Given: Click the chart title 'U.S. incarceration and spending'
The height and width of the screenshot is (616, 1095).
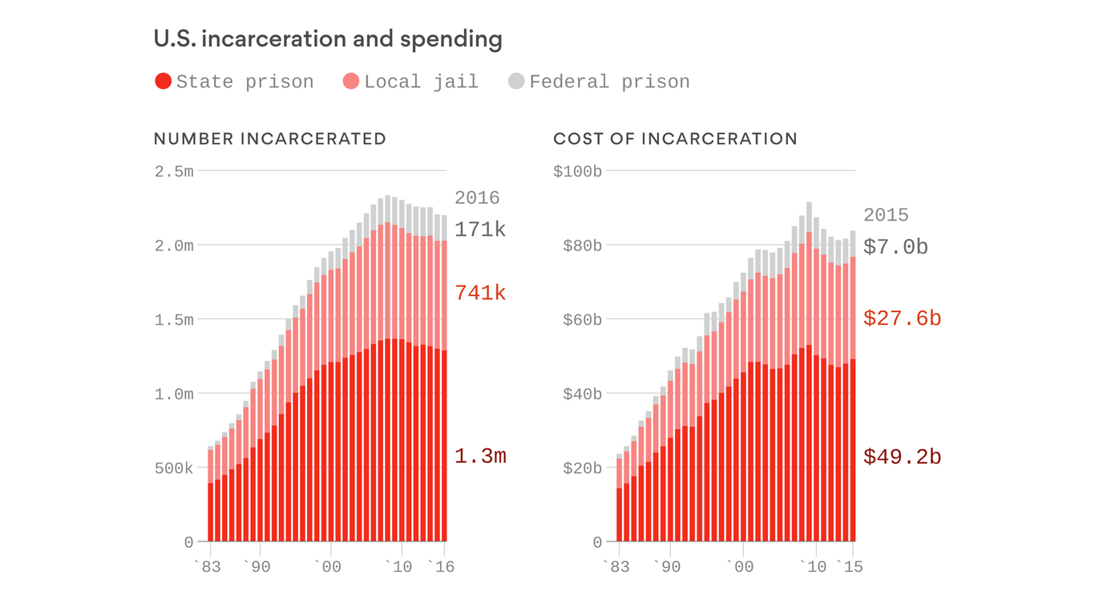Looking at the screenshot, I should tap(328, 39).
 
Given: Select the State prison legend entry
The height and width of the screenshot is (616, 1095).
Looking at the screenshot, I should tap(234, 82).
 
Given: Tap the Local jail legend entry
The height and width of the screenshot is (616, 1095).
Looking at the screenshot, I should tap(410, 82).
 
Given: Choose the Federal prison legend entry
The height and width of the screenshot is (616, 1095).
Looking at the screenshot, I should tap(599, 82).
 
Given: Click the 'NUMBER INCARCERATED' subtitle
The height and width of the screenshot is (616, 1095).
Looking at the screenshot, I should tap(270, 139).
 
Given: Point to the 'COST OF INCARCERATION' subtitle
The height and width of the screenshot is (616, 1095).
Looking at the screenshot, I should tap(675, 139).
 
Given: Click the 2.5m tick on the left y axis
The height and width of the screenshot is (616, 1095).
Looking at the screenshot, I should tap(174, 171).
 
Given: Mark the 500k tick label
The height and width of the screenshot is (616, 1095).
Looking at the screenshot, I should tap(174, 468).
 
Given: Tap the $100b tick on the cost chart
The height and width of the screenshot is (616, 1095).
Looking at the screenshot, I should tap(577, 171).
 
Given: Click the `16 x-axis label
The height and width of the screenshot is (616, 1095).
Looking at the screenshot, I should tap(441, 567).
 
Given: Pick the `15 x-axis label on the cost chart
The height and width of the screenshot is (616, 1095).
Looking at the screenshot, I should tap(849, 567).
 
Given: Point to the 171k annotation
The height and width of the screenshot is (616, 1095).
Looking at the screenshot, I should tap(480, 229).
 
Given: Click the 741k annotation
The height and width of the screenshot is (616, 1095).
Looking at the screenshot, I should tap(480, 294).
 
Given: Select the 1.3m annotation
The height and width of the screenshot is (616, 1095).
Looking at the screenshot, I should tap(480, 456).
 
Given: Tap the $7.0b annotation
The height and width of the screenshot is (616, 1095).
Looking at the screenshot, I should tap(895, 247).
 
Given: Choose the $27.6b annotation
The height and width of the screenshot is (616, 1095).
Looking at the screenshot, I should tap(902, 318).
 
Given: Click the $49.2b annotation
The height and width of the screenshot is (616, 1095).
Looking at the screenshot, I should tap(902, 457).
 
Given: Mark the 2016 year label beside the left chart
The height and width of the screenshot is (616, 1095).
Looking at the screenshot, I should tap(477, 198).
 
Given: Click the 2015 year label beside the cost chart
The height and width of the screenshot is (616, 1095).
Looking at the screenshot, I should tap(886, 215).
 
